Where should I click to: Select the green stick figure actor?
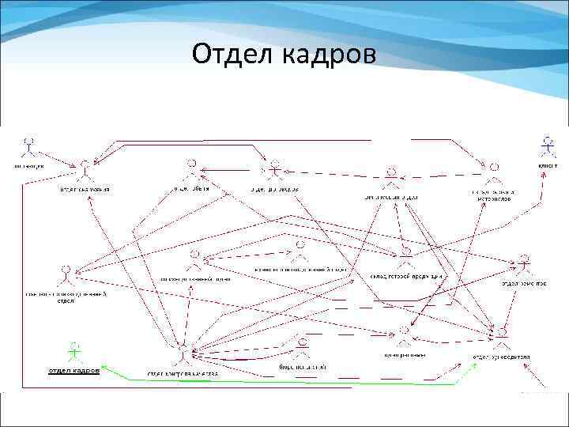pos(74,350)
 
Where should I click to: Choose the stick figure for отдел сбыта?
pos(190,170)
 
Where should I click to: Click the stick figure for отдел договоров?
pos(274,171)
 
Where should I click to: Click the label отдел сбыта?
pos(191,189)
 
